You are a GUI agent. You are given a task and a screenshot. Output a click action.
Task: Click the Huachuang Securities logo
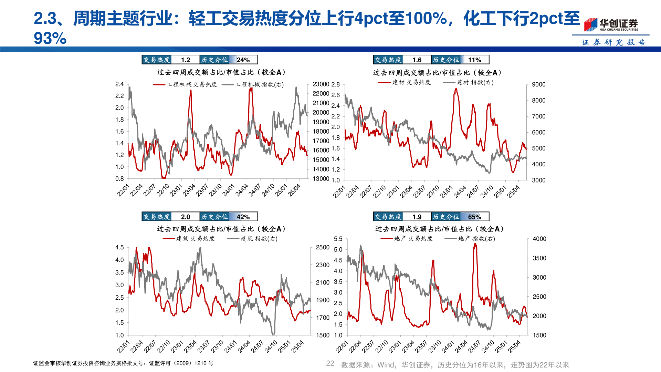(x=611, y=24)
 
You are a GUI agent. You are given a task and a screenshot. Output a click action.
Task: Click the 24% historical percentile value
(x=243, y=60)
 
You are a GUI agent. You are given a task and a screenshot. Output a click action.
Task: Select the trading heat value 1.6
(x=417, y=60)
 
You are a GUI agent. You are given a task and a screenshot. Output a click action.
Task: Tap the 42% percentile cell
(x=243, y=217)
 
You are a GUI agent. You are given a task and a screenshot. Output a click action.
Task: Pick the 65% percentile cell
(x=474, y=217)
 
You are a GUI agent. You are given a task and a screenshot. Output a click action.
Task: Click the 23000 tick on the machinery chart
(x=321, y=84)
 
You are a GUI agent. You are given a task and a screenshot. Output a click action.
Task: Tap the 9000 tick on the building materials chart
(x=538, y=84)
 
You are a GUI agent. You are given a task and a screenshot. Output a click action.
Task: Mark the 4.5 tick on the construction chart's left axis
(x=119, y=247)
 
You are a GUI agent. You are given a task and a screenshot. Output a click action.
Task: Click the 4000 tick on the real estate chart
(x=539, y=239)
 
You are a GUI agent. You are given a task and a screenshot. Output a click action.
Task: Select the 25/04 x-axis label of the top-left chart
(x=295, y=190)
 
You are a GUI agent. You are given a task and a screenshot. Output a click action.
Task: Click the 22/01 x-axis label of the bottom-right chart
(x=342, y=347)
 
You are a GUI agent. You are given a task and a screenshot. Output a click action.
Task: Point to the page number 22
(x=330, y=363)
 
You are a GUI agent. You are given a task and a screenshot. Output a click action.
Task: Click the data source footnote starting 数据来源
(x=455, y=365)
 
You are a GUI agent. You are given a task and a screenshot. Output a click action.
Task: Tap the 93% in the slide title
(x=50, y=38)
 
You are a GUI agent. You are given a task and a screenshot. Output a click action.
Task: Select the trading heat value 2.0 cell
(x=185, y=217)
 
